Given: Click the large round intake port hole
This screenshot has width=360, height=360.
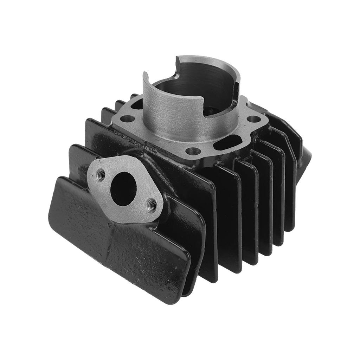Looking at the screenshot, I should click(x=123, y=189).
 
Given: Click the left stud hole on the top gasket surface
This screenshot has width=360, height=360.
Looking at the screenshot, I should click(x=129, y=118).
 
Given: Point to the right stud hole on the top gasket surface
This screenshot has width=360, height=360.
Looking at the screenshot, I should click(x=253, y=119).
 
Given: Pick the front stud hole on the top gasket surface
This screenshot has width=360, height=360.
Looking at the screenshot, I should click(x=193, y=151).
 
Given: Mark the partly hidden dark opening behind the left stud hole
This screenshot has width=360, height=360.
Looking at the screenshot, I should click(x=138, y=104).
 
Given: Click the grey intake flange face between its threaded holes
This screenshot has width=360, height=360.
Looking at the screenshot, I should click(x=127, y=211).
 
